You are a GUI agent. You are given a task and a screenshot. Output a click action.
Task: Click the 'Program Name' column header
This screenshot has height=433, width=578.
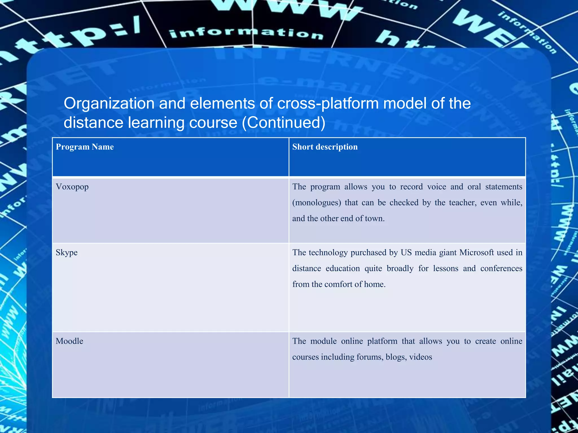(85, 147)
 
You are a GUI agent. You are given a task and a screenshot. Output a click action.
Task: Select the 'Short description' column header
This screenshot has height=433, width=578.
(325, 147)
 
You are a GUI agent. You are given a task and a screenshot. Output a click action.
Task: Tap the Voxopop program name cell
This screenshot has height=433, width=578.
(72, 187)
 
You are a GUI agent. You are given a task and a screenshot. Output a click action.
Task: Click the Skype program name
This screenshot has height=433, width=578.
(67, 252)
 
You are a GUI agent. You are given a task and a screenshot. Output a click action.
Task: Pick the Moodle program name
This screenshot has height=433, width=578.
(69, 341)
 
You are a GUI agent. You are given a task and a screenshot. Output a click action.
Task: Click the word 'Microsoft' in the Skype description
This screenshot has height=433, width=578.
(476, 252)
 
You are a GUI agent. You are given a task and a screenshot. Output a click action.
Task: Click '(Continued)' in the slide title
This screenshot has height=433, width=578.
(284, 123)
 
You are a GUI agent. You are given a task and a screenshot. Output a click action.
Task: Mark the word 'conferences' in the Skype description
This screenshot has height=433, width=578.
(501, 268)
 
